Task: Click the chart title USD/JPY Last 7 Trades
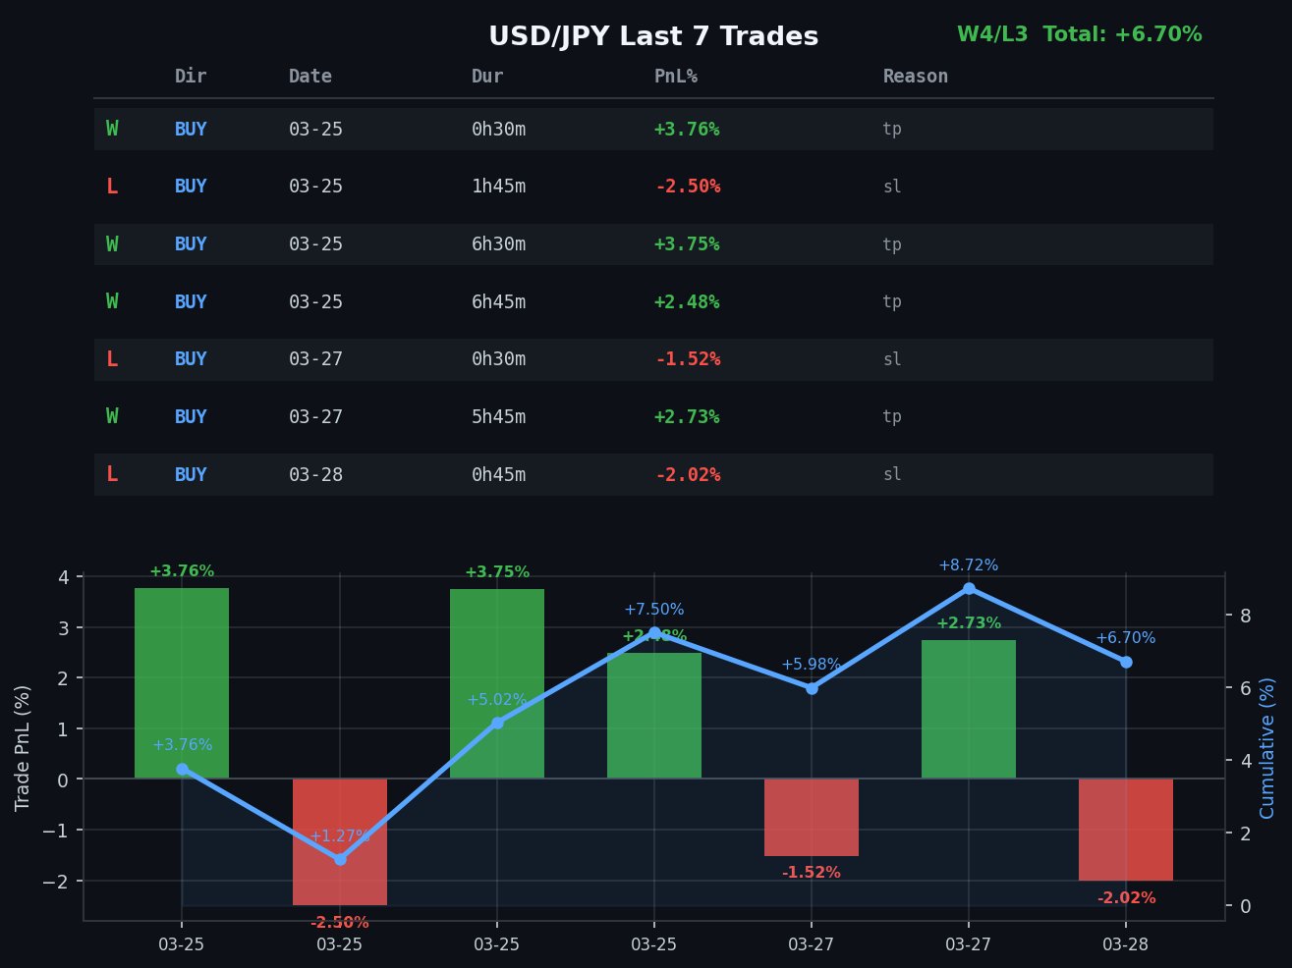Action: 653,36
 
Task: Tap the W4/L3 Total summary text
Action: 1079,34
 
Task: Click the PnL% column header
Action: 676,77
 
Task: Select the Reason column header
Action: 915,77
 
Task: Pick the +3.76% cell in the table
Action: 686,130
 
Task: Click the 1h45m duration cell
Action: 498,187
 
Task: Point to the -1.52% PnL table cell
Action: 688,359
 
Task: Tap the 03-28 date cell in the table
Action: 315,475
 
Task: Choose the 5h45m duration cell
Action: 498,417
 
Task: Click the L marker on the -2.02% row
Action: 112,475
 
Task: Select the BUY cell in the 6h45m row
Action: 191,302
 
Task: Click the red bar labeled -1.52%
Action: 811,817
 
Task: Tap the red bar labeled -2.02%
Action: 1125,830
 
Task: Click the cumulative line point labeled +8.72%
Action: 969,589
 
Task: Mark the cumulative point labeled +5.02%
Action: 497,723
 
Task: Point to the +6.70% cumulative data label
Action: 1125,638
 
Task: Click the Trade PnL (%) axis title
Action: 23,748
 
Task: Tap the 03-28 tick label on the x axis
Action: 1125,944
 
